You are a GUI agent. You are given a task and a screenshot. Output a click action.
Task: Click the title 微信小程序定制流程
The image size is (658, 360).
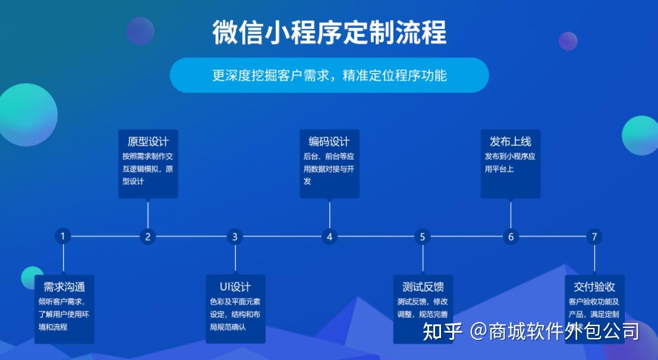coord(329,33)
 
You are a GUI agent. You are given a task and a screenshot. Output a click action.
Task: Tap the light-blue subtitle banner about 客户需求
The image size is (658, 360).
coord(329,75)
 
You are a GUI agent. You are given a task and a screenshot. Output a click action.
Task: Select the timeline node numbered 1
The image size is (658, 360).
coord(62,236)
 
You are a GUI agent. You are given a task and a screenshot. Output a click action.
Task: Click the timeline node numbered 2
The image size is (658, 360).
coord(147,236)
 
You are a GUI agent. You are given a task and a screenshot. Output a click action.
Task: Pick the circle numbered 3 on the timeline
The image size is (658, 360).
coord(235,236)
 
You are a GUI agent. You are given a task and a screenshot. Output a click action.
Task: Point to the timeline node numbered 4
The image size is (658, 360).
coord(329,236)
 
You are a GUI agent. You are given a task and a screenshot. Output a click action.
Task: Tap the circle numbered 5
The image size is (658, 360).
coord(423,236)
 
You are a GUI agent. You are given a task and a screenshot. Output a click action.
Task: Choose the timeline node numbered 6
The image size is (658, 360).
coord(511,236)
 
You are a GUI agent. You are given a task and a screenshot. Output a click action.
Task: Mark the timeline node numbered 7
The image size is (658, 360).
coord(594,236)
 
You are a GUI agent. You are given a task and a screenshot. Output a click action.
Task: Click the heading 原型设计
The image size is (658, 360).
coord(148,141)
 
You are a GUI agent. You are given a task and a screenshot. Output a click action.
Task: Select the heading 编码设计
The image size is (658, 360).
coord(329,141)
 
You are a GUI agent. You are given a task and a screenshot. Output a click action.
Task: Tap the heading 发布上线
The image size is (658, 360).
coord(511,141)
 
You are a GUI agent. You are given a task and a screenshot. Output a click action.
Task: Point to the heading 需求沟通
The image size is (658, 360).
coord(64,286)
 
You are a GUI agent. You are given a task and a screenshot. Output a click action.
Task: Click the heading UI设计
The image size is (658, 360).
coord(235,286)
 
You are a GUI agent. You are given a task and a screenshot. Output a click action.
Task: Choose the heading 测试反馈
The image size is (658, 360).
coord(423,286)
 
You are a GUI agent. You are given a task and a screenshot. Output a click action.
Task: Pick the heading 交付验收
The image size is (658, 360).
coord(594,286)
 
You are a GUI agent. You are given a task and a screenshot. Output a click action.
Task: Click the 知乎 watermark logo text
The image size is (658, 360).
coord(442,331)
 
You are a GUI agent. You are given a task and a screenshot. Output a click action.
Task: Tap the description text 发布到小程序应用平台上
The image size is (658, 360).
coord(510,163)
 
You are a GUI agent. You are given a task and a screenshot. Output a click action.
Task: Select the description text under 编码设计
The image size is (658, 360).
coord(329,169)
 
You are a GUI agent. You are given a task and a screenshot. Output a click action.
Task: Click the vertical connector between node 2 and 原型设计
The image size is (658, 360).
coord(147,214)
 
